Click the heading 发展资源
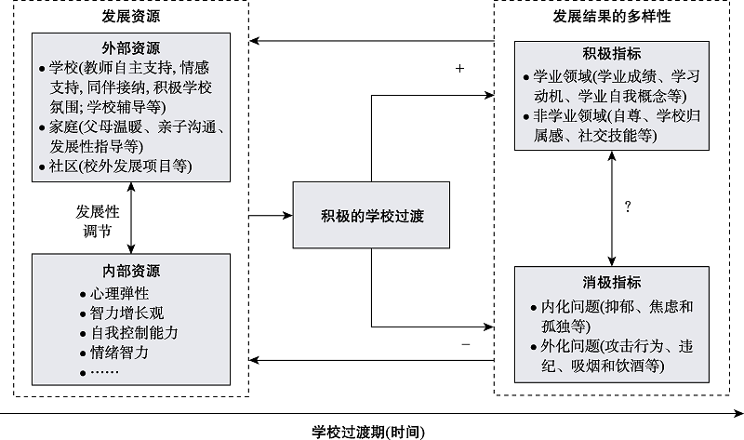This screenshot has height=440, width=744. pos(130,18)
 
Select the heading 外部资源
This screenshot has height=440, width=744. pos(130,47)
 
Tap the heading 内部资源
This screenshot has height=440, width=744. pos(130,271)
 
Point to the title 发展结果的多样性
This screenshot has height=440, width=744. pos(611,18)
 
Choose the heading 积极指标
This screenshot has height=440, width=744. pos(611,54)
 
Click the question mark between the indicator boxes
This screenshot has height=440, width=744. pos(628,207)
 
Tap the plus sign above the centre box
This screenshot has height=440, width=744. pos(459,69)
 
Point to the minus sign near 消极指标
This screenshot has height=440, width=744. pos(465,344)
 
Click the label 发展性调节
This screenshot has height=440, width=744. pos(98,220)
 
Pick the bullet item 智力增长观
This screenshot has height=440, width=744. pos(121,313)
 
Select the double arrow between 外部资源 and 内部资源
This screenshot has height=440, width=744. pos(131,217)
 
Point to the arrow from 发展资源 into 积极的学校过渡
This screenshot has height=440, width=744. pos(270,215)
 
